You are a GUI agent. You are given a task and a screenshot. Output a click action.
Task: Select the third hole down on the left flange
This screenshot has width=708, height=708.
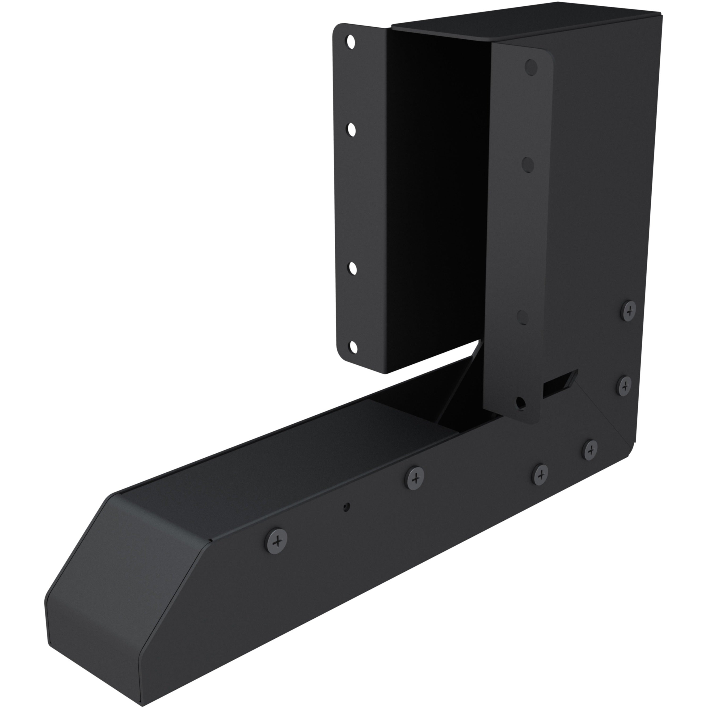(353, 268)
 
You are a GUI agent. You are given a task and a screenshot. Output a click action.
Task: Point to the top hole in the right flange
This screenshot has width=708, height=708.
(531, 68)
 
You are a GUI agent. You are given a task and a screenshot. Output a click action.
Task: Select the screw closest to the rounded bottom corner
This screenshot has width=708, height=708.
(590, 450)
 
